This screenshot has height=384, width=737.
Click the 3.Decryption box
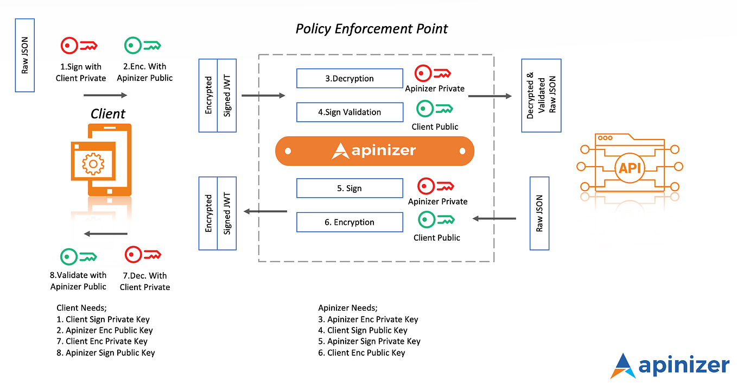(350, 78)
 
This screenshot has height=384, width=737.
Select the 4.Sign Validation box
(350, 112)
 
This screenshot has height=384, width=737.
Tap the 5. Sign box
(350, 188)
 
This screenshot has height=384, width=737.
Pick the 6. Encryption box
(350, 222)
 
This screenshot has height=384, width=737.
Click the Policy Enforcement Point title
(372, 29)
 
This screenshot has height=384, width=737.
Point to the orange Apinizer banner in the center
(374, 150)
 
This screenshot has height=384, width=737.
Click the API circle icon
(630, 167)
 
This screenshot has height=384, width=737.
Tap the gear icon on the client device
(93, 162)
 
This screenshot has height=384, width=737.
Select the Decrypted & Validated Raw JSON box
(541, 96)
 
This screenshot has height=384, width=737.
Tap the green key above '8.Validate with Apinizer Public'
(79, 256)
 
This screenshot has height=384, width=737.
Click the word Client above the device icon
(107, 114)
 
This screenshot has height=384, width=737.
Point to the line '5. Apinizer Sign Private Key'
(369, 341)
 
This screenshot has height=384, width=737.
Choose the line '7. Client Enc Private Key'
(102, 341)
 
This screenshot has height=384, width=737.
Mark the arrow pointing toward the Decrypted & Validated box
(490, 96)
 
